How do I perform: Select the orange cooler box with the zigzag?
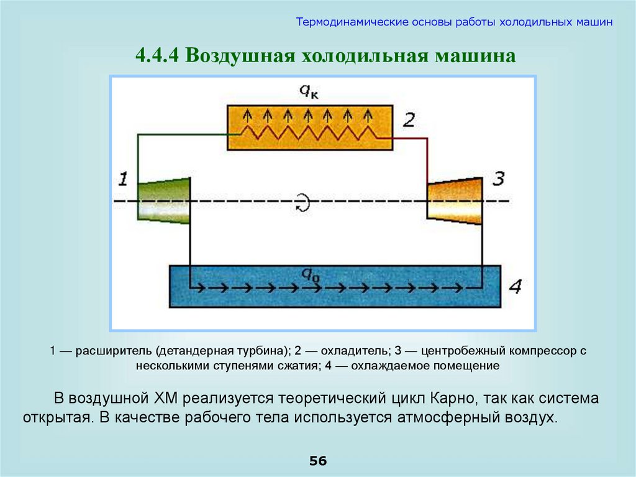[309, 127]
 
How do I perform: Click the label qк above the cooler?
[309, 91]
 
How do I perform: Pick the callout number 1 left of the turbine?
[123, 180]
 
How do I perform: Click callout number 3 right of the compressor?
[498, 180]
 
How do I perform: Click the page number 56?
[318, 461]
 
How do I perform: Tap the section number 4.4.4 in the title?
[158, 57]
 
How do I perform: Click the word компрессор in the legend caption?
[540, 351]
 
